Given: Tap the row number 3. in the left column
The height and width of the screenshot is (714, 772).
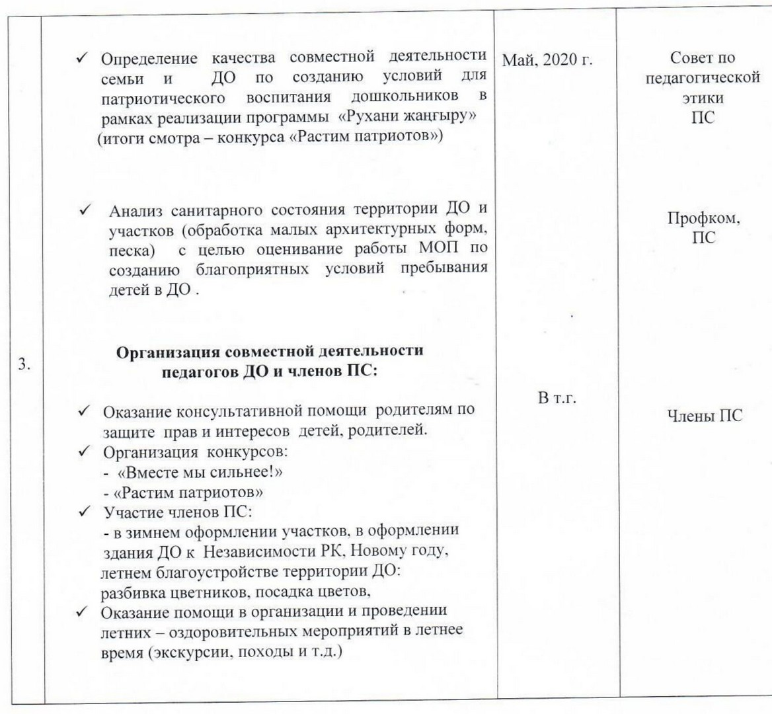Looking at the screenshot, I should [x=26, y=366].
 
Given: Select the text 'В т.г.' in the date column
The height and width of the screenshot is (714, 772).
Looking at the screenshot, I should [x=558, y=398].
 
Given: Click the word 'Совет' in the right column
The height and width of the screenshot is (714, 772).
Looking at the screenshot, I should [x=683, y=59].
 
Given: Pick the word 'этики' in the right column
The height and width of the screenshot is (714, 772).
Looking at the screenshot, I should [x=702, y=99].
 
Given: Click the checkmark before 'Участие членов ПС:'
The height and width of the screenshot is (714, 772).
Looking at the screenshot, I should [x=85, y=512].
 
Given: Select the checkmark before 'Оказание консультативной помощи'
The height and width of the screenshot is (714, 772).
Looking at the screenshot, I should [x=85, y=411].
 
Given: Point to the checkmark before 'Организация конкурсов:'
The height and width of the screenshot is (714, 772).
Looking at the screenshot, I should [x=85, y=455].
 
